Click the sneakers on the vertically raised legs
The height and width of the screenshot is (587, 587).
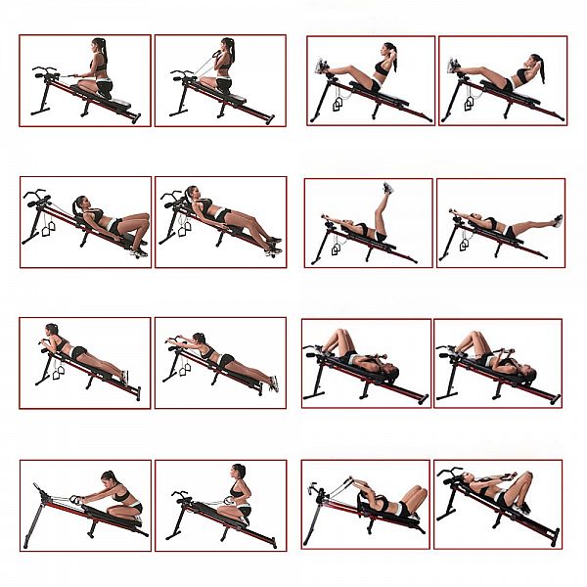pyautogui.click(x=388, y=188)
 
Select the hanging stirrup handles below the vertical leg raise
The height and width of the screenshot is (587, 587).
pyautogui.click(x=339, y=250)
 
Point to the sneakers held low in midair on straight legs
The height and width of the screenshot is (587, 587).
pyautogui.click(x=558, y=221)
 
